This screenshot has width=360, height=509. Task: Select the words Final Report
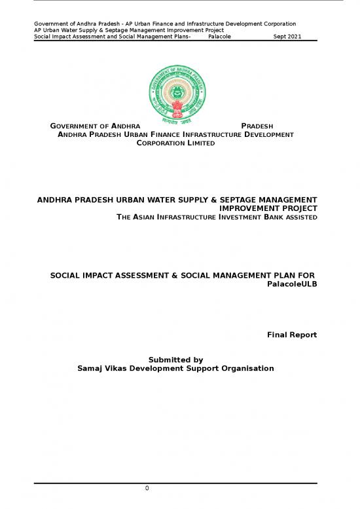point(292,335)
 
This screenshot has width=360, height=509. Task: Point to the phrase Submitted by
point(175,360)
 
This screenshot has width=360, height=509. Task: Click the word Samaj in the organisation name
point(90,369)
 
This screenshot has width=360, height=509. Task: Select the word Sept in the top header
point(277,37)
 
